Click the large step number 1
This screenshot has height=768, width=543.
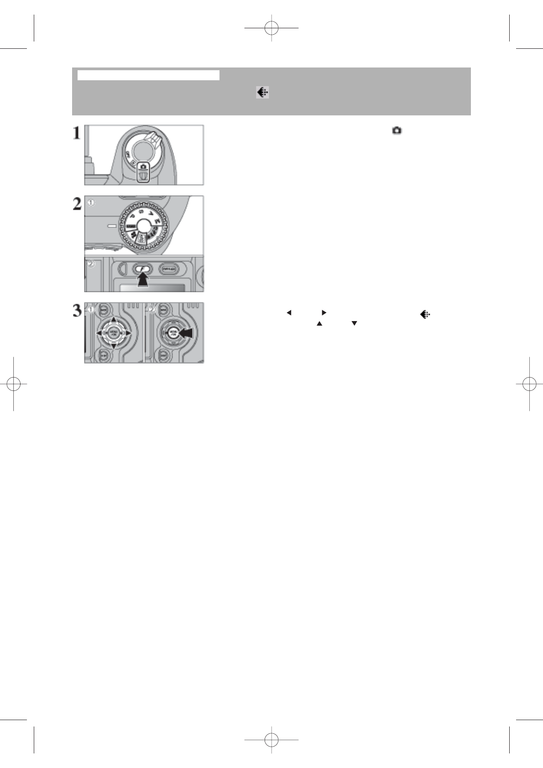tap(77, 133)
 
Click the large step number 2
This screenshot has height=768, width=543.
tap(77, 204)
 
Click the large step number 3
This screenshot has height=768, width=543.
tap(77, 311)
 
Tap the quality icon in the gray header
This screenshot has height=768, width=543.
tap(262, 93)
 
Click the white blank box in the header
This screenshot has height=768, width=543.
tap(148, 75)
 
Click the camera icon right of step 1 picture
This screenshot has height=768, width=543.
tap(397, 131)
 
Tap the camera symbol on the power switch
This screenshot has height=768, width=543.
tap(143, 167)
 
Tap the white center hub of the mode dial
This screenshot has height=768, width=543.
tap(143, 225)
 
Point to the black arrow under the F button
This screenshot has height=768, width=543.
tap(143, 281)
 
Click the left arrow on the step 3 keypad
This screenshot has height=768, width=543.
tap(99, 333)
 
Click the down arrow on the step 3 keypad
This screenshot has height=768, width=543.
tap(113, 347)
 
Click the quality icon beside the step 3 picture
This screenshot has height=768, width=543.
tap(425, 314)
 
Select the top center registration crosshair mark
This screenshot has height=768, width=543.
tap(271, 28)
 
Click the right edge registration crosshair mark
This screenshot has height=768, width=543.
tap(529, 384)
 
